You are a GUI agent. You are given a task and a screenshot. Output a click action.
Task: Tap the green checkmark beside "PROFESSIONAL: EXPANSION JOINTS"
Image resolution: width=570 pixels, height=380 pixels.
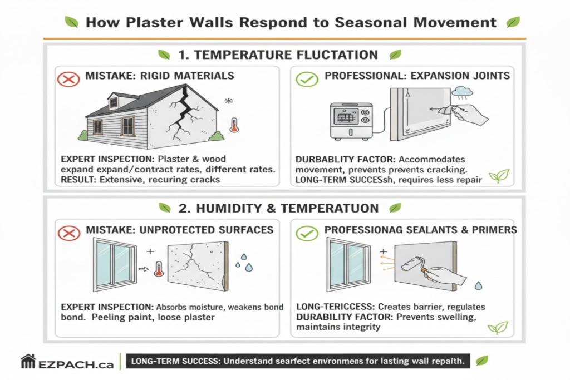307,78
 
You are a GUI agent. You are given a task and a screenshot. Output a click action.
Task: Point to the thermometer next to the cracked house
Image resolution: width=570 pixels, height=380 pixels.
234,123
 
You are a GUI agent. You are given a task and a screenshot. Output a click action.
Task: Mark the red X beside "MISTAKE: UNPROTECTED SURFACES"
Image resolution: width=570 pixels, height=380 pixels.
69,232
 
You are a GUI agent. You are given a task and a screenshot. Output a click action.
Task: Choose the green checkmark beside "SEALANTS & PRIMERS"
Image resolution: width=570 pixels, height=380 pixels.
307,232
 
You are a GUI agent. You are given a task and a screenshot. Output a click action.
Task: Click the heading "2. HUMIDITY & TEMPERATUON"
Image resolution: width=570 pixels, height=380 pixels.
278,208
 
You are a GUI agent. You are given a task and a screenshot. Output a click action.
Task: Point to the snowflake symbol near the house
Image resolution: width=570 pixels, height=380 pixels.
227,101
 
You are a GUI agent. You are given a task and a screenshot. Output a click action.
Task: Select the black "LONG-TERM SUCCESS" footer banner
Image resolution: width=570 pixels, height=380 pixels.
297,361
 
